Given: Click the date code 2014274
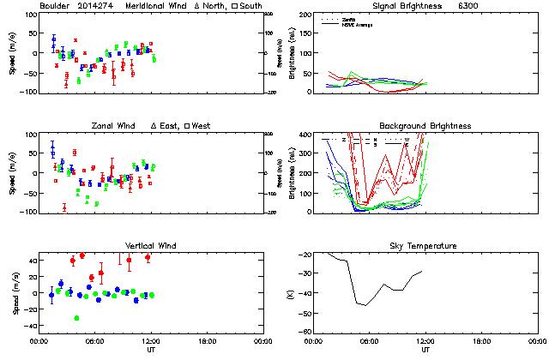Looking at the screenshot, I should [99, 6].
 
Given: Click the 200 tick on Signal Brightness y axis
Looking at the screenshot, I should [305, 15].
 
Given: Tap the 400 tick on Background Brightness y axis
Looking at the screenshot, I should [305, 135].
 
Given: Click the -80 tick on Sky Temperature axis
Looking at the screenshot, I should [305, 332].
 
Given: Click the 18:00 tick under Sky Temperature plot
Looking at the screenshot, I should [480, 340].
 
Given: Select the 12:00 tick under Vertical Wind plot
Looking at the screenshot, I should [149, 340].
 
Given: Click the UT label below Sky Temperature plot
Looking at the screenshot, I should [425, 349].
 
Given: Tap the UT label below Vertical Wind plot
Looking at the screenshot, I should [150, 349].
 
